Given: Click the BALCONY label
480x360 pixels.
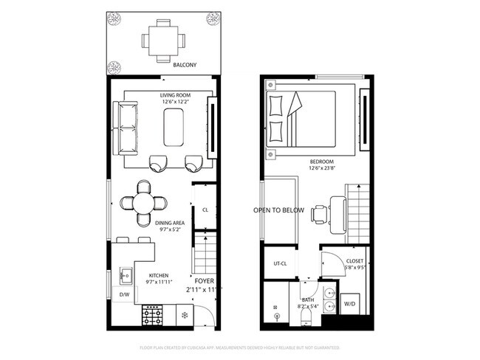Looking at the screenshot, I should (x=185, y=65).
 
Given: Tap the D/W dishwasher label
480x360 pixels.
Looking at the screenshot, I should (x=125, y=295).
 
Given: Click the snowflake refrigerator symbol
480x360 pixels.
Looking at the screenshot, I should (x=182, y=316).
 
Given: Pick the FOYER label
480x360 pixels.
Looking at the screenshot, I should (x=205, y=281).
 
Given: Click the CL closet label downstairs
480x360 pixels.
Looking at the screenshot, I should (x=205, y=210).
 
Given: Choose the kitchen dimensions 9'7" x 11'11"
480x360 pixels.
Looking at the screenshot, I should (x=160, y=282).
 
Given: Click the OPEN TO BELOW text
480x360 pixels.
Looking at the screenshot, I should (x=279, y=210).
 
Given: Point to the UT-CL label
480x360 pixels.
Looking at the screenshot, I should (x=280, y=263).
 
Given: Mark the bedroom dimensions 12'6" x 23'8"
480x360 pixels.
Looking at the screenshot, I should (x=322, y=168).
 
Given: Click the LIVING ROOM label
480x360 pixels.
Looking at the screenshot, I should (x=176, y=95).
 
